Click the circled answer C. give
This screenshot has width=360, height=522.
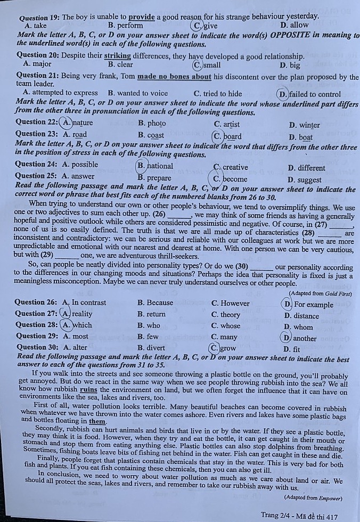coord(205,25)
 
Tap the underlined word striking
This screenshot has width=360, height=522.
coord(117,56)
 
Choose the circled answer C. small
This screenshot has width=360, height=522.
coord(207,65)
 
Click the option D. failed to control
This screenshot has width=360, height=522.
coord(308,94)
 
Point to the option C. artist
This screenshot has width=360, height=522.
coord(227,124)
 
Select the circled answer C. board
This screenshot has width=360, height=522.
coord(227,136)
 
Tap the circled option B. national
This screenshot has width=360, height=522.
coord(155,166)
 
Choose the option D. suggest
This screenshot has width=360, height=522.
coord(304,180)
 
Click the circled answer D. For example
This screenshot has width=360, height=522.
coord(308,304)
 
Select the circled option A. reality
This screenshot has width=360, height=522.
coord(77,314)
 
